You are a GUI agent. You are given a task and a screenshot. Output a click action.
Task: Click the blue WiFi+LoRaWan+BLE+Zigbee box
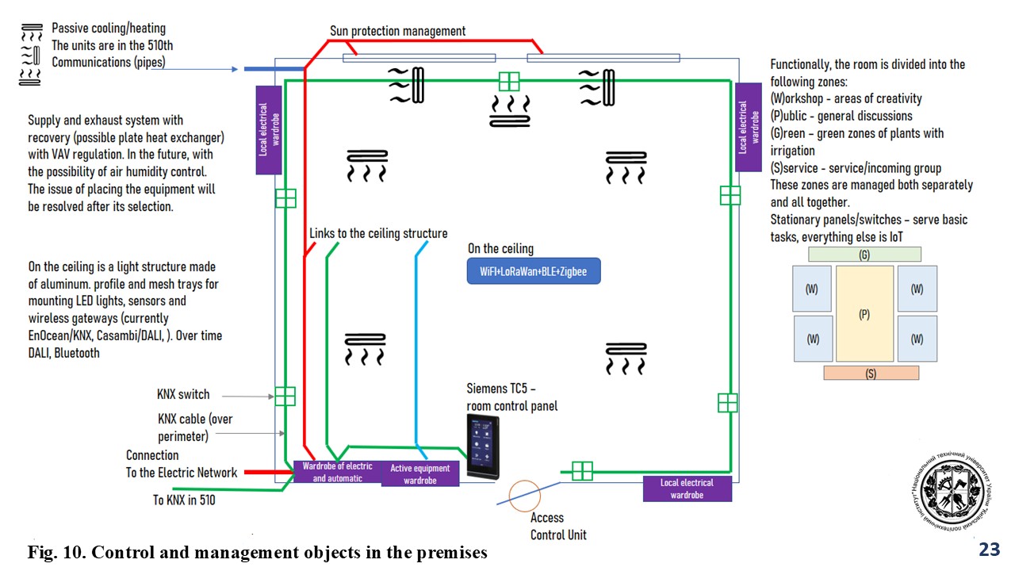pos(533,271)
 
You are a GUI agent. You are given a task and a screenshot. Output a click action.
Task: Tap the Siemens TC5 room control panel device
pos(483,447)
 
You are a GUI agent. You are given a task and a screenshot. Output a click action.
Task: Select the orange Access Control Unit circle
pos(524,496)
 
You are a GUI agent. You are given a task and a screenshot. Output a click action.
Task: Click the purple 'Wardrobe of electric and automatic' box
pos(337,473)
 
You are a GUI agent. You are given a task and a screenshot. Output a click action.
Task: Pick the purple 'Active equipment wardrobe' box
pos(419,473)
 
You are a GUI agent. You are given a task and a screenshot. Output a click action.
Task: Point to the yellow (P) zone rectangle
pos(864,314)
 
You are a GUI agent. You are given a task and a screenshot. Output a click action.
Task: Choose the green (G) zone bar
pos(864,255)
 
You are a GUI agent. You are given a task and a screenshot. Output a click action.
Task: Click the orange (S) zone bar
pos(871,373)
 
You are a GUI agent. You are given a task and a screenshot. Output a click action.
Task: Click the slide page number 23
pos(989,550)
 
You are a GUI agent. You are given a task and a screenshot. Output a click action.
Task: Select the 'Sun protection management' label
pos(398,32)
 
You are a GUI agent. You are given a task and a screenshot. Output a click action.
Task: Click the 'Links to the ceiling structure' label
pos(378,234)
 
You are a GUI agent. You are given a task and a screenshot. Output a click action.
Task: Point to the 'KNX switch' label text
pos(183,394)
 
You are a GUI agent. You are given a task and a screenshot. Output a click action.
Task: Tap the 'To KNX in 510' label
pos(184,500)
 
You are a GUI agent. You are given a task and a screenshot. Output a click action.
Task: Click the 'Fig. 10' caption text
pos(258,552)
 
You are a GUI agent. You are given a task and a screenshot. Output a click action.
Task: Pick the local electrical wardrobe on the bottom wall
pos(687,489)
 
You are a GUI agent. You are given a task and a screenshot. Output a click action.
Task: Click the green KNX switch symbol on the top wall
pos(509,82)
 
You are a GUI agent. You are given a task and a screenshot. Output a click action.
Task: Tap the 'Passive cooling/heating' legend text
pos(109,29)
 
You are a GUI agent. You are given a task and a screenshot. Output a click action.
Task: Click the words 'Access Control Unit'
pos(558,527)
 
